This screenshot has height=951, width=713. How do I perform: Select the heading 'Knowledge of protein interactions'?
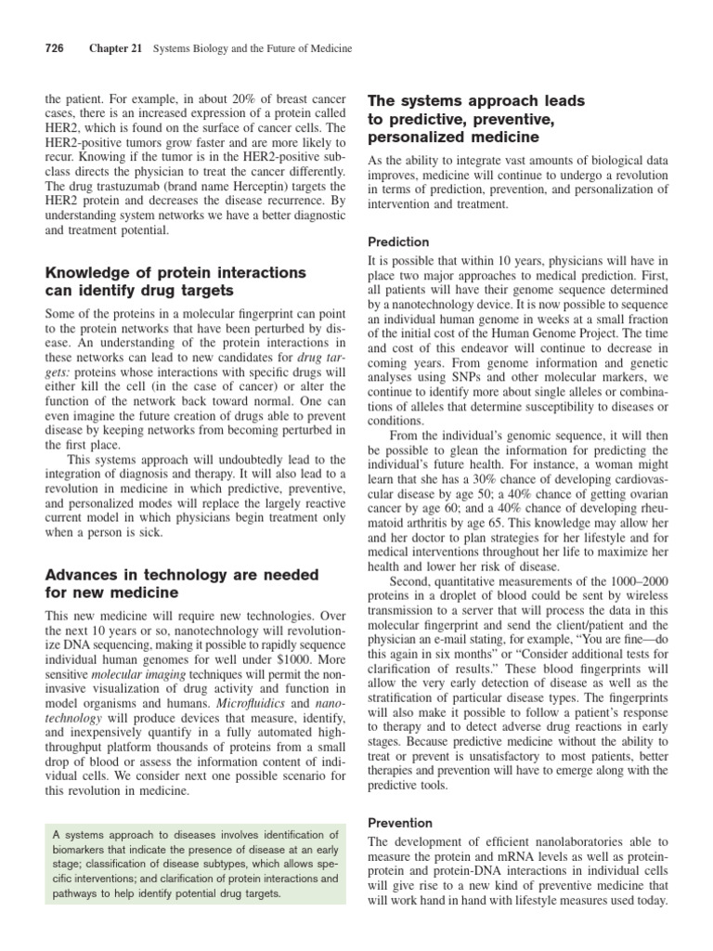[x=175, y=272]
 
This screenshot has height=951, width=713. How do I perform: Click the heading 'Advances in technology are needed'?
[x=181, y=575]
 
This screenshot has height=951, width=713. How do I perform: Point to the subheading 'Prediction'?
[x=399, y=241]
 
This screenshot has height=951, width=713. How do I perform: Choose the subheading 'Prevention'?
[x=400, y=823]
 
